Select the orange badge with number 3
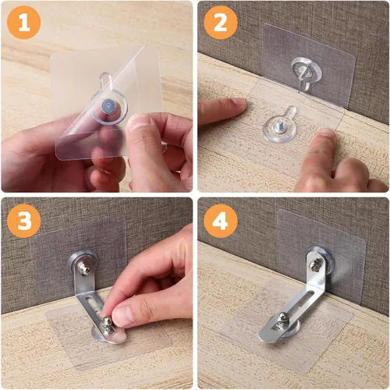pos(24,221)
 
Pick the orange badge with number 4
pos(220,221)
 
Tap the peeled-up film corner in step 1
pos(153,62)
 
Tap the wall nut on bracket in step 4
pos(315,265)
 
